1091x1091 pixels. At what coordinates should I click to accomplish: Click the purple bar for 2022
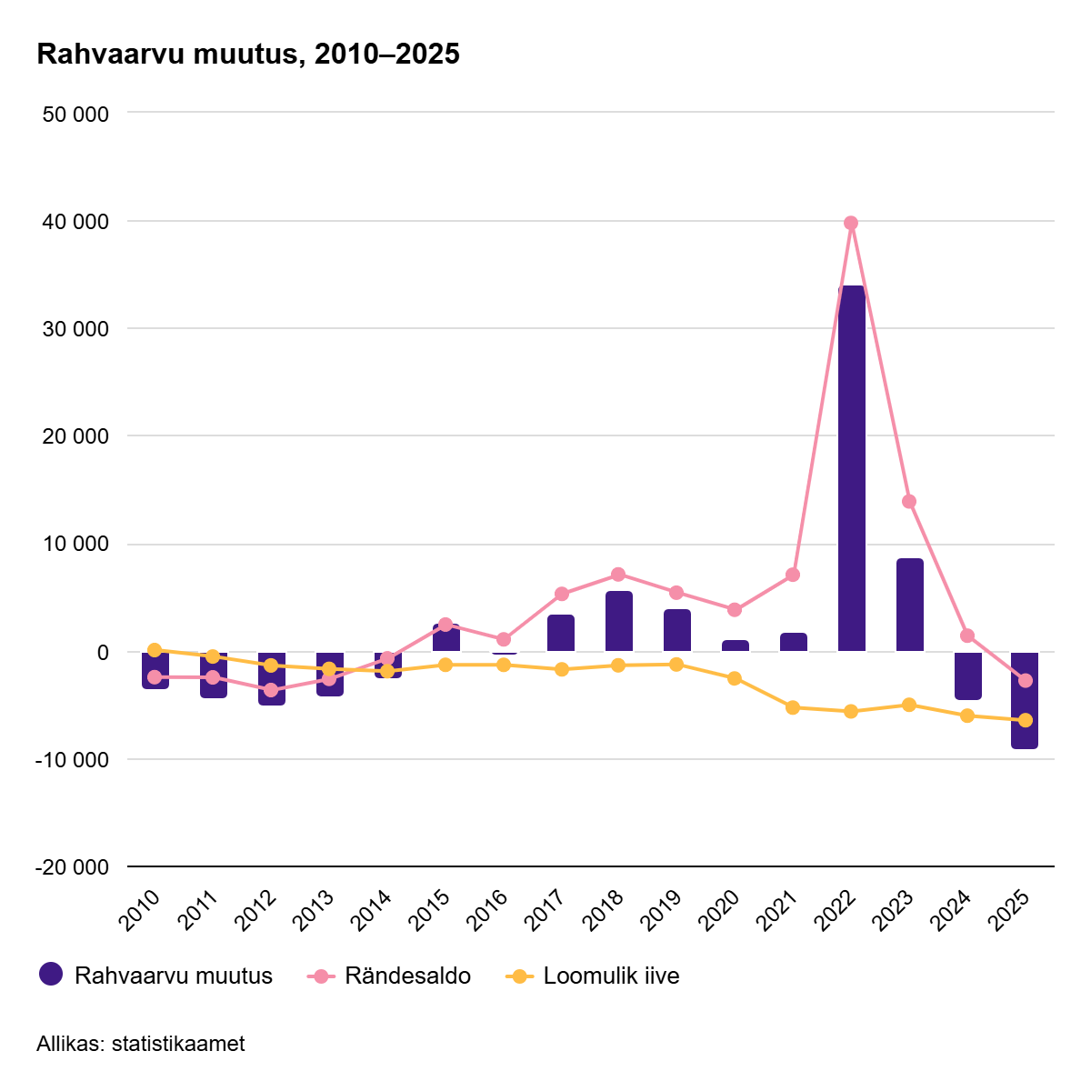tap(851, 468)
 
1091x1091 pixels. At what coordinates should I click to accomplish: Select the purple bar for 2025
tap(1025, 700)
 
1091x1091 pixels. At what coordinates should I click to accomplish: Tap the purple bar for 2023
tap(909, 605)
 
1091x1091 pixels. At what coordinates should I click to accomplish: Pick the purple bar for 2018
tap(618, 621)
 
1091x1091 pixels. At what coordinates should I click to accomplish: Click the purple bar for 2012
tap(271, 678)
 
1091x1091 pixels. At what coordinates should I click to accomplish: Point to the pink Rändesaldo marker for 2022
tap(851, 223)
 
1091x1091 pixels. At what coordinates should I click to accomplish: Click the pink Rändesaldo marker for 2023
tap(909, 501)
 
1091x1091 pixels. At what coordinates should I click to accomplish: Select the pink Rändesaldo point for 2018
tap(618, 574)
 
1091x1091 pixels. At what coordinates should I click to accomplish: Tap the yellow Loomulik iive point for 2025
tap(1026, 720)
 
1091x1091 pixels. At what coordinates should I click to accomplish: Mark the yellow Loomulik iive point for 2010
tap(155, 650)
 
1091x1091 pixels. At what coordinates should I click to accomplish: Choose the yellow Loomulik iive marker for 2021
tap(793, 707)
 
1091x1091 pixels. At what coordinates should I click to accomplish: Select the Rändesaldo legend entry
tap(391, 976)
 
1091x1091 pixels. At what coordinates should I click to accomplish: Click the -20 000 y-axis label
tap(73, 867)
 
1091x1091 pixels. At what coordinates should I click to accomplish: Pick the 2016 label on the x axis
tap(487, 910)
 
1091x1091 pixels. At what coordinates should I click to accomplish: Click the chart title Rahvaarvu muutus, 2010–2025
tap(248, 55)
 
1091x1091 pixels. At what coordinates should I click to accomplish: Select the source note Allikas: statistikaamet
tap(141, 1044)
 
